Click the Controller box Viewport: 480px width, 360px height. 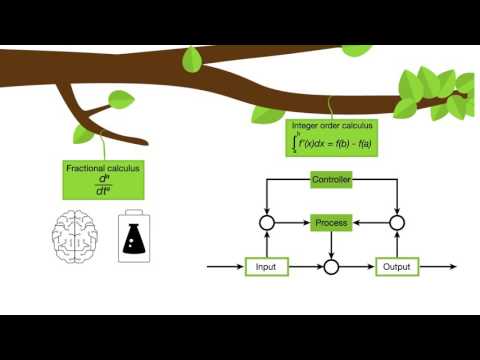[330, 180]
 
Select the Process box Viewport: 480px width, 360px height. [330, 222]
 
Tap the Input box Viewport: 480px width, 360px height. [267, 267]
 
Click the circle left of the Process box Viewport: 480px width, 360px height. [267, 222]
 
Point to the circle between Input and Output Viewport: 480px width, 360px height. [332, 267]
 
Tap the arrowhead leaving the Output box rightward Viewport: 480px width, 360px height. [453, 267]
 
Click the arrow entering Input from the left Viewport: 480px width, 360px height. [225, 267]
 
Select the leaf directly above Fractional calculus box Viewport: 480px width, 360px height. [120, 100]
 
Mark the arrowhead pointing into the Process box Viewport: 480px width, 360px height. [308, 222]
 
